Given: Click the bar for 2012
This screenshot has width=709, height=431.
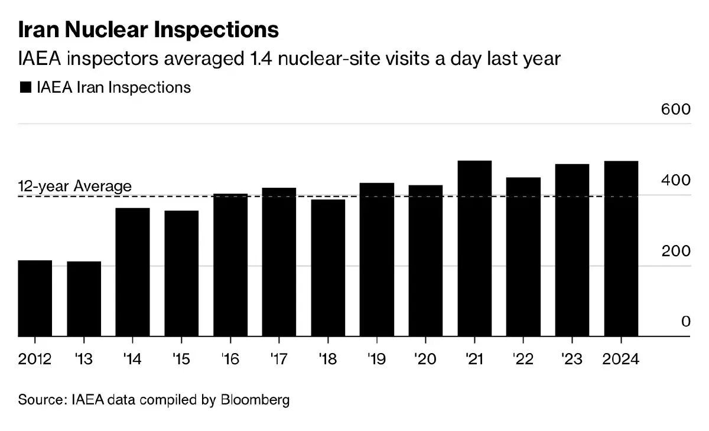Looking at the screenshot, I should click(35, 298).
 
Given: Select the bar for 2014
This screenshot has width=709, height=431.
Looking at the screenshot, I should click(132, 272).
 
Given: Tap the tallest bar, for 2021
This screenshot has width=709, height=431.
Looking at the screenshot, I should click(474, 249).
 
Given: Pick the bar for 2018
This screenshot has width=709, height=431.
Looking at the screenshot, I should click(328, 268).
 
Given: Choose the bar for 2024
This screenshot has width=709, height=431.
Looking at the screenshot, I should click(621, 249).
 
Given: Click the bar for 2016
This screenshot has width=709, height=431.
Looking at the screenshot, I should click(230, 265).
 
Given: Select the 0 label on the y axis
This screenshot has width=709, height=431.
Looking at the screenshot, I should click(685, 322).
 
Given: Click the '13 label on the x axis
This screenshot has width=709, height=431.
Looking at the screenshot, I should click(84, 359).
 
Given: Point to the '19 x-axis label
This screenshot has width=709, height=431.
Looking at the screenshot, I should click(377, 359).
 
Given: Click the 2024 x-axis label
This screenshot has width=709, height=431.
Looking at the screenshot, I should click(621, 359).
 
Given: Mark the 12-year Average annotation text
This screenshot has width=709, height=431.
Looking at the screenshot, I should click(75, 186).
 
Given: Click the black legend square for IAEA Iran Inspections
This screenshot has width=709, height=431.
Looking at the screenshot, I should click(25, 87).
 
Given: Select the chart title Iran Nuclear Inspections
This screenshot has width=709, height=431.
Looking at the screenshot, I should click(148, 30).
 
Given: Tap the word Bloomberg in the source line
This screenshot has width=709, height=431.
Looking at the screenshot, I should click(255, 400).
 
